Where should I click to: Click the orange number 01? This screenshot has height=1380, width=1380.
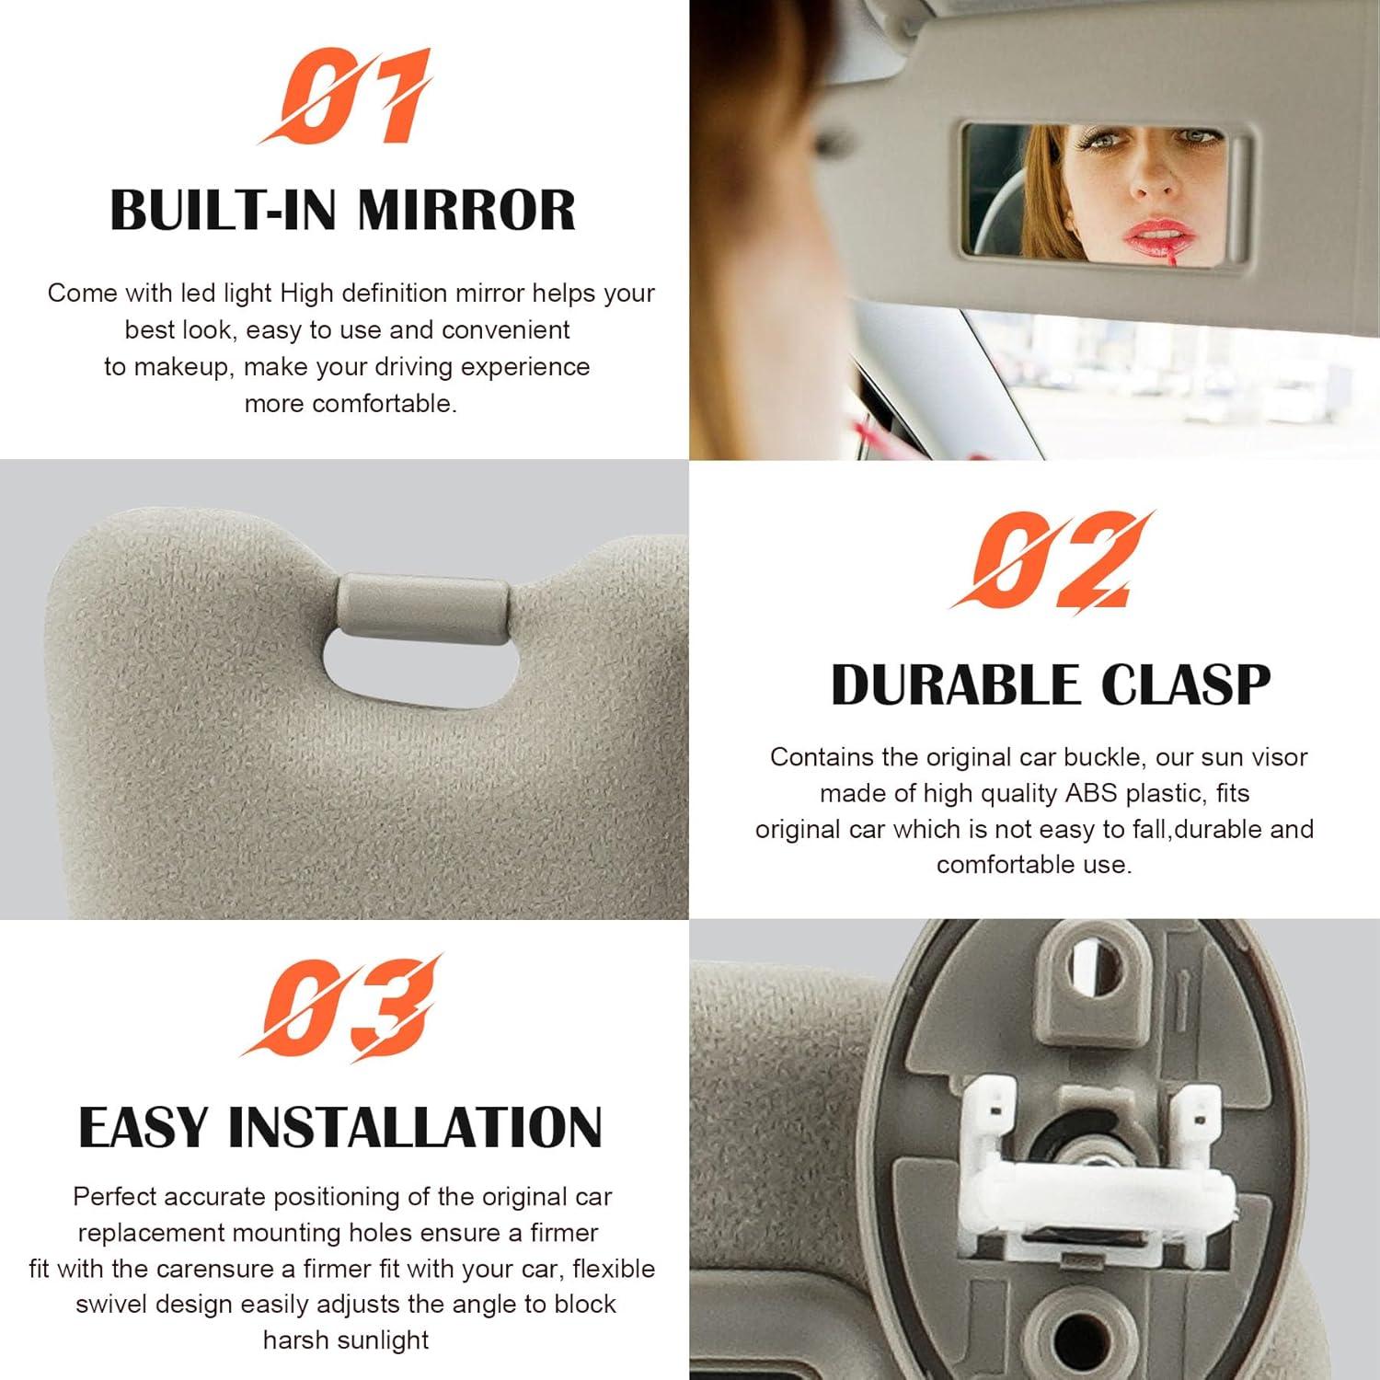pos(345,98)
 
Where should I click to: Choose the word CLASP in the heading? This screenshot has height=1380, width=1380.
pos(1186,685)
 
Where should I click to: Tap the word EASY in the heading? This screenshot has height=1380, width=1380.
pos(143,1127)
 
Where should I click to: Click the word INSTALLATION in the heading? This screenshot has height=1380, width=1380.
pos(415,1127)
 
